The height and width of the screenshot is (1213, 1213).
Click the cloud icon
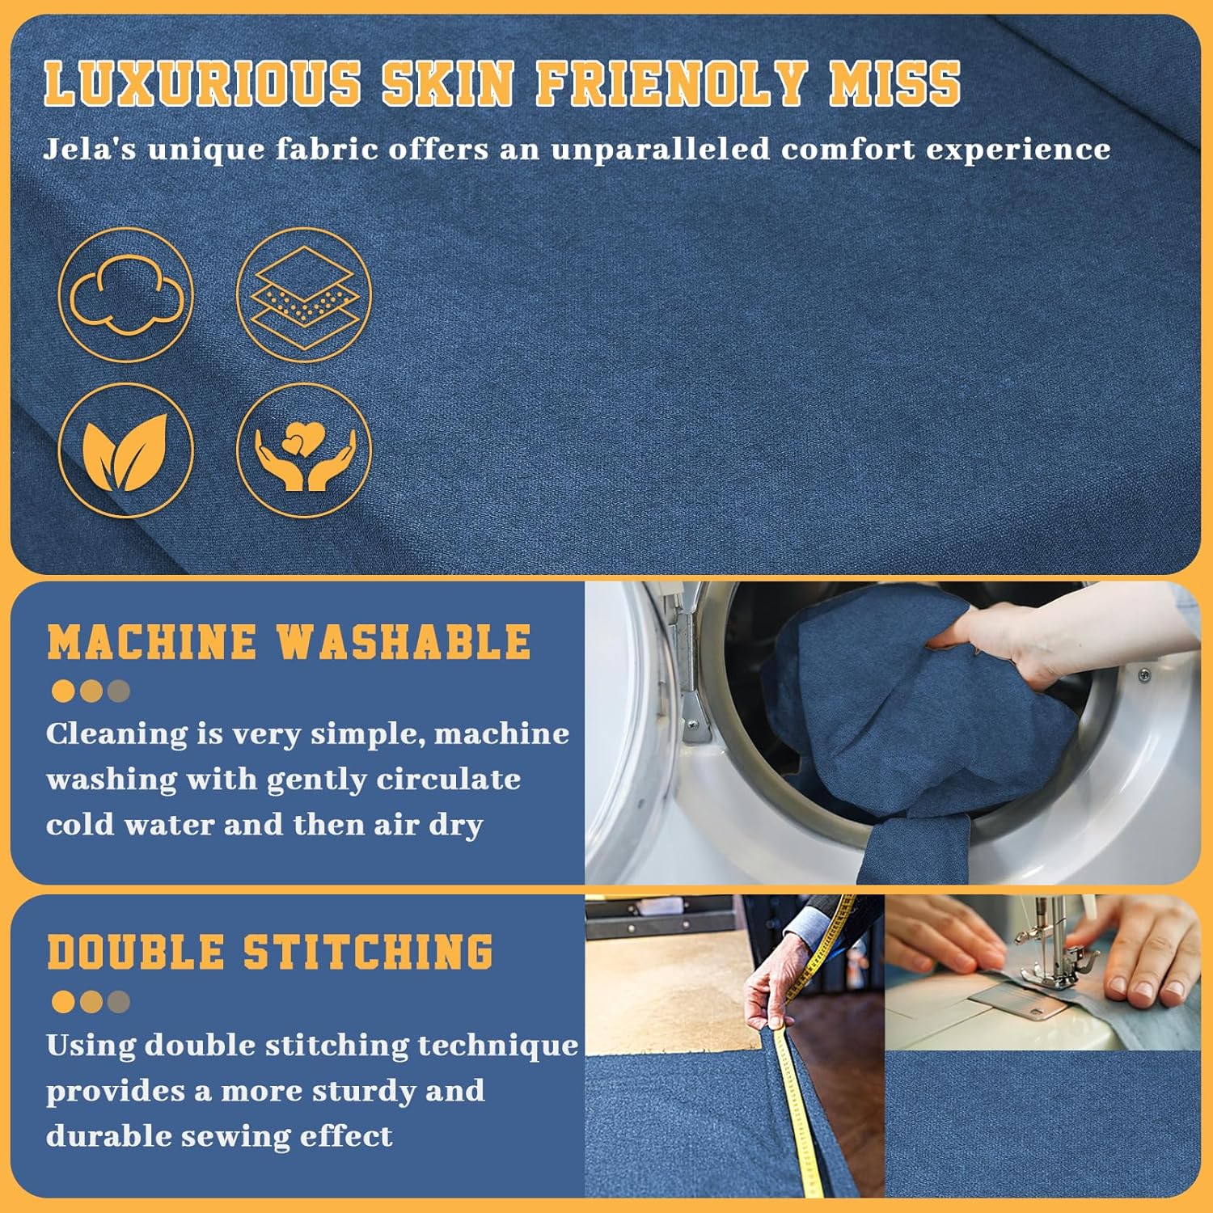point(126,295)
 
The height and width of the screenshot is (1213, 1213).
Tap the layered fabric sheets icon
point(304,295)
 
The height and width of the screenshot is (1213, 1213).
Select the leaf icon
point(126,450)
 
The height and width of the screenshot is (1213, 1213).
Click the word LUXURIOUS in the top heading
point(202,83)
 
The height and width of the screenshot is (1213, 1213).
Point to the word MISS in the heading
point(895,83)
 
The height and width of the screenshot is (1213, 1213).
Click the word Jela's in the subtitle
point(89,149)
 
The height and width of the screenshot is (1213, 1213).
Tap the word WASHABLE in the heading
point(404,643)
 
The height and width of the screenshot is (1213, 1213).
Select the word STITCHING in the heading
point(368,953)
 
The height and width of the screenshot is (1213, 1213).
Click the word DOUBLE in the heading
point(136,953)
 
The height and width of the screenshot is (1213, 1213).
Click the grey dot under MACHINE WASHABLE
point(118,691)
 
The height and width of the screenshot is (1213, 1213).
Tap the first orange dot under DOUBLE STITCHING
point(63,1002)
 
